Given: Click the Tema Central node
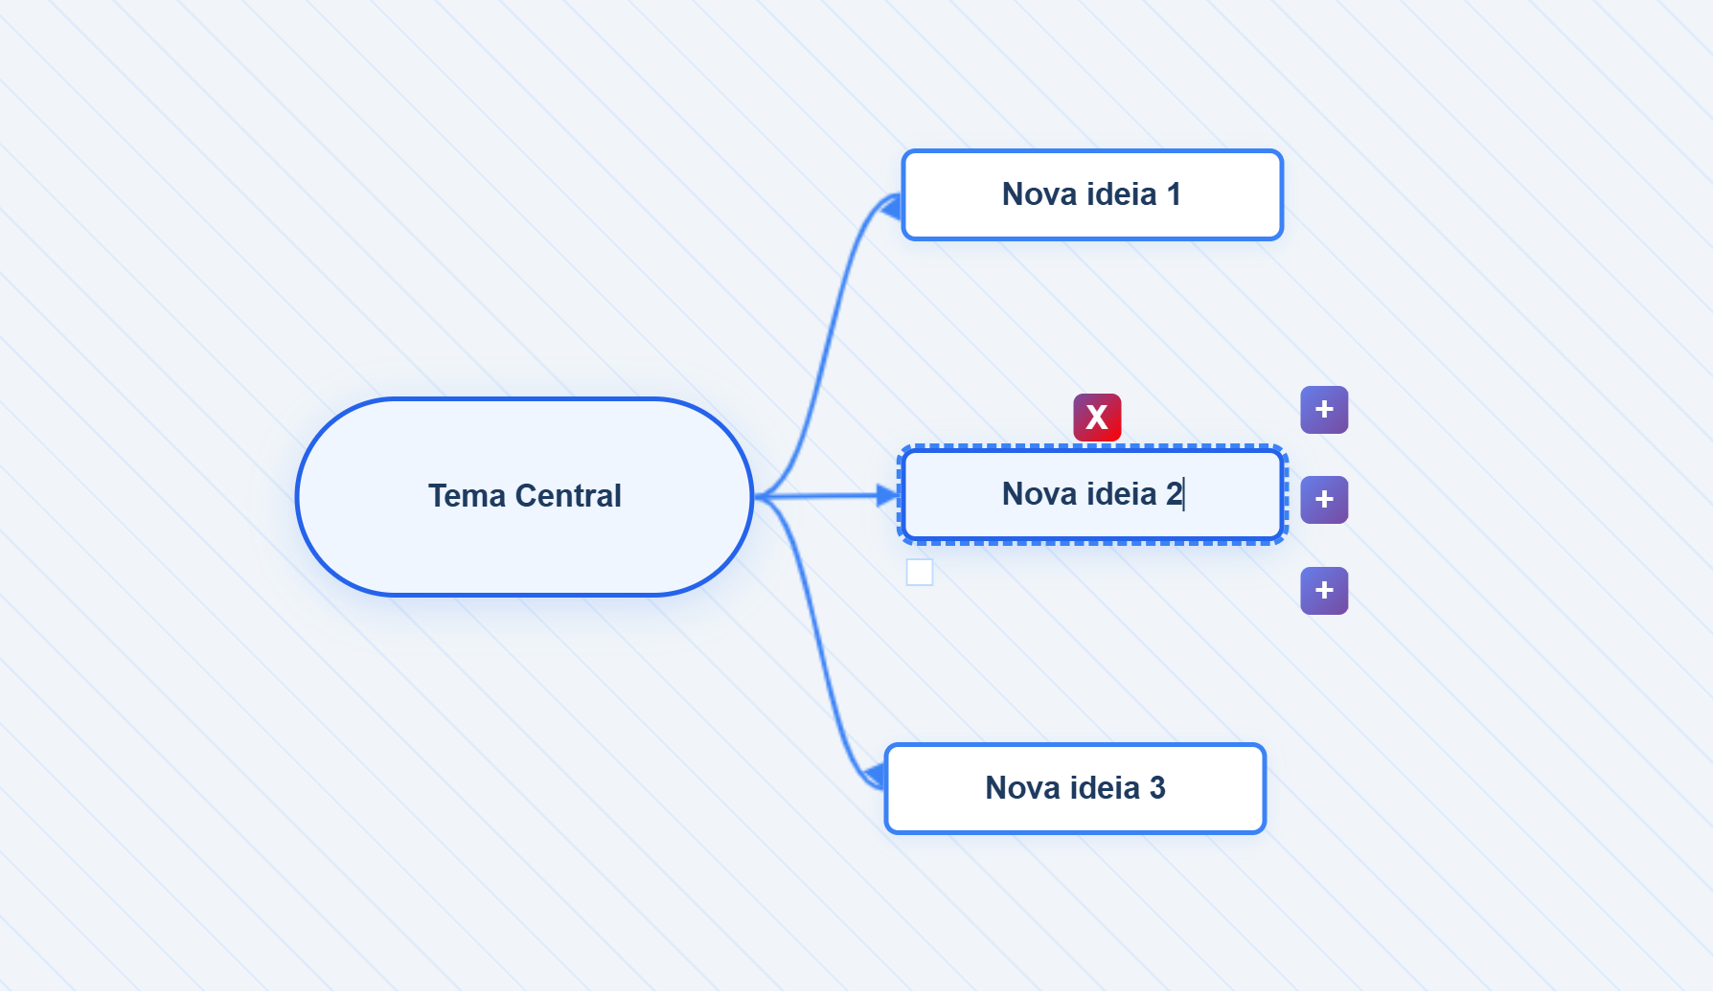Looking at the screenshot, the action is pyautogui.click(x=525, y=497).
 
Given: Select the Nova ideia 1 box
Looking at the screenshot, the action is pyautogui.click(x=1092, y=194).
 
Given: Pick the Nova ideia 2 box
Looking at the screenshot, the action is pyautogui.click(x=1092, y=494).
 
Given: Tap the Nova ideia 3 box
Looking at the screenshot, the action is pyautogui.click(x=1075, y=788).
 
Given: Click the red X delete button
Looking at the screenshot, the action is pyautogui.click(x=1097, y=418).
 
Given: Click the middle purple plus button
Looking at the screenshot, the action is pyautogui.click(x=1324, y=500).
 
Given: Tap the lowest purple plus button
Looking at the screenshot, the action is pyautogui.click(x=1324, y=591).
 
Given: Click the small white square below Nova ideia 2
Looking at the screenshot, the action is pyautogui.click(x=920, y=573).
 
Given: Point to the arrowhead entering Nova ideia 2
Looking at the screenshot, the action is pyautogui.click(x=889, y=495).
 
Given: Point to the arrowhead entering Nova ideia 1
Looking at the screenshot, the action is pyautogui.click(x=891, y=205).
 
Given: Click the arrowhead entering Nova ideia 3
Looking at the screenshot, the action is pyautogui.click(x=874, y=775).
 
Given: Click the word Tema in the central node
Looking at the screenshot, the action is pyautogui.click(x=467, y=496).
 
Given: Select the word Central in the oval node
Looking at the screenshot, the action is pyautogui.click(x=568, y=496).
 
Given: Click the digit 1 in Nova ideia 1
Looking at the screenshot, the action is pyautogui.click(x=1174, y=194).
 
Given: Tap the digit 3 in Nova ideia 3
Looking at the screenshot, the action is pyautogui.click(x=1157, y=788).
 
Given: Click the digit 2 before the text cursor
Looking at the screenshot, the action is pyautogui.click(x=1174, y=494).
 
